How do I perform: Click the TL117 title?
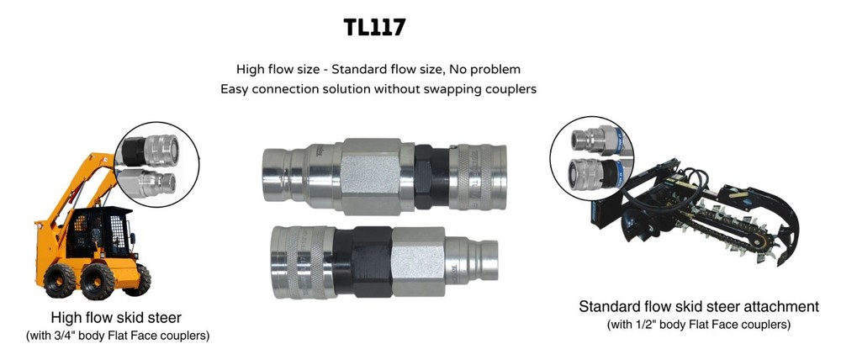point(375,27)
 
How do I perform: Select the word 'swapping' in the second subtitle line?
point(447,88)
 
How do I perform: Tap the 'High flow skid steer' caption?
point(117,318)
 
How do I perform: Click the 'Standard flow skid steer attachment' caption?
point(699,305)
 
